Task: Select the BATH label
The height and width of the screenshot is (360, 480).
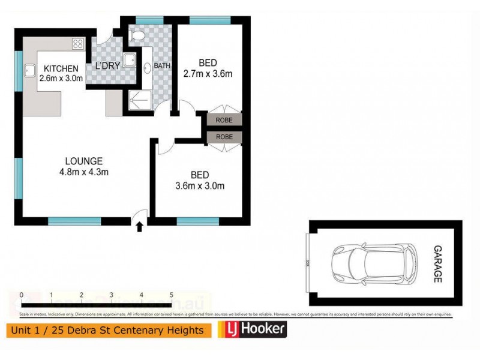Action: (162, 65)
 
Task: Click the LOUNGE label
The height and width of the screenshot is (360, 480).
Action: (84, 161)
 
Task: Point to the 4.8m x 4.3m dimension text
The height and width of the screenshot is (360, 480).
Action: (84, 172)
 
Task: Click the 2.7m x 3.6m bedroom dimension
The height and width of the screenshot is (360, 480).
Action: (208, 74)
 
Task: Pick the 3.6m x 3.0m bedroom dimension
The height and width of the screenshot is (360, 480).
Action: (200, 185)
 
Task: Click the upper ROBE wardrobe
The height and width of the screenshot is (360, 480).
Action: (224, 120)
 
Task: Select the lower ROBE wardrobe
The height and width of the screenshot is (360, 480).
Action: (224, 137)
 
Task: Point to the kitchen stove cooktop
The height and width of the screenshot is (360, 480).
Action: (77, 43)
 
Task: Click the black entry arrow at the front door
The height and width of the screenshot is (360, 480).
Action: (140, 227)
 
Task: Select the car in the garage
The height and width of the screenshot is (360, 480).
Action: (373, 263)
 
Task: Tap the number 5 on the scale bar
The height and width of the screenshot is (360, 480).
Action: (172, 295)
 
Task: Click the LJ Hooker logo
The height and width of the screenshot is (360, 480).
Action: (253, 329)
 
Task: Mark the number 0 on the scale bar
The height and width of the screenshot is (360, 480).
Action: (21, 295)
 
